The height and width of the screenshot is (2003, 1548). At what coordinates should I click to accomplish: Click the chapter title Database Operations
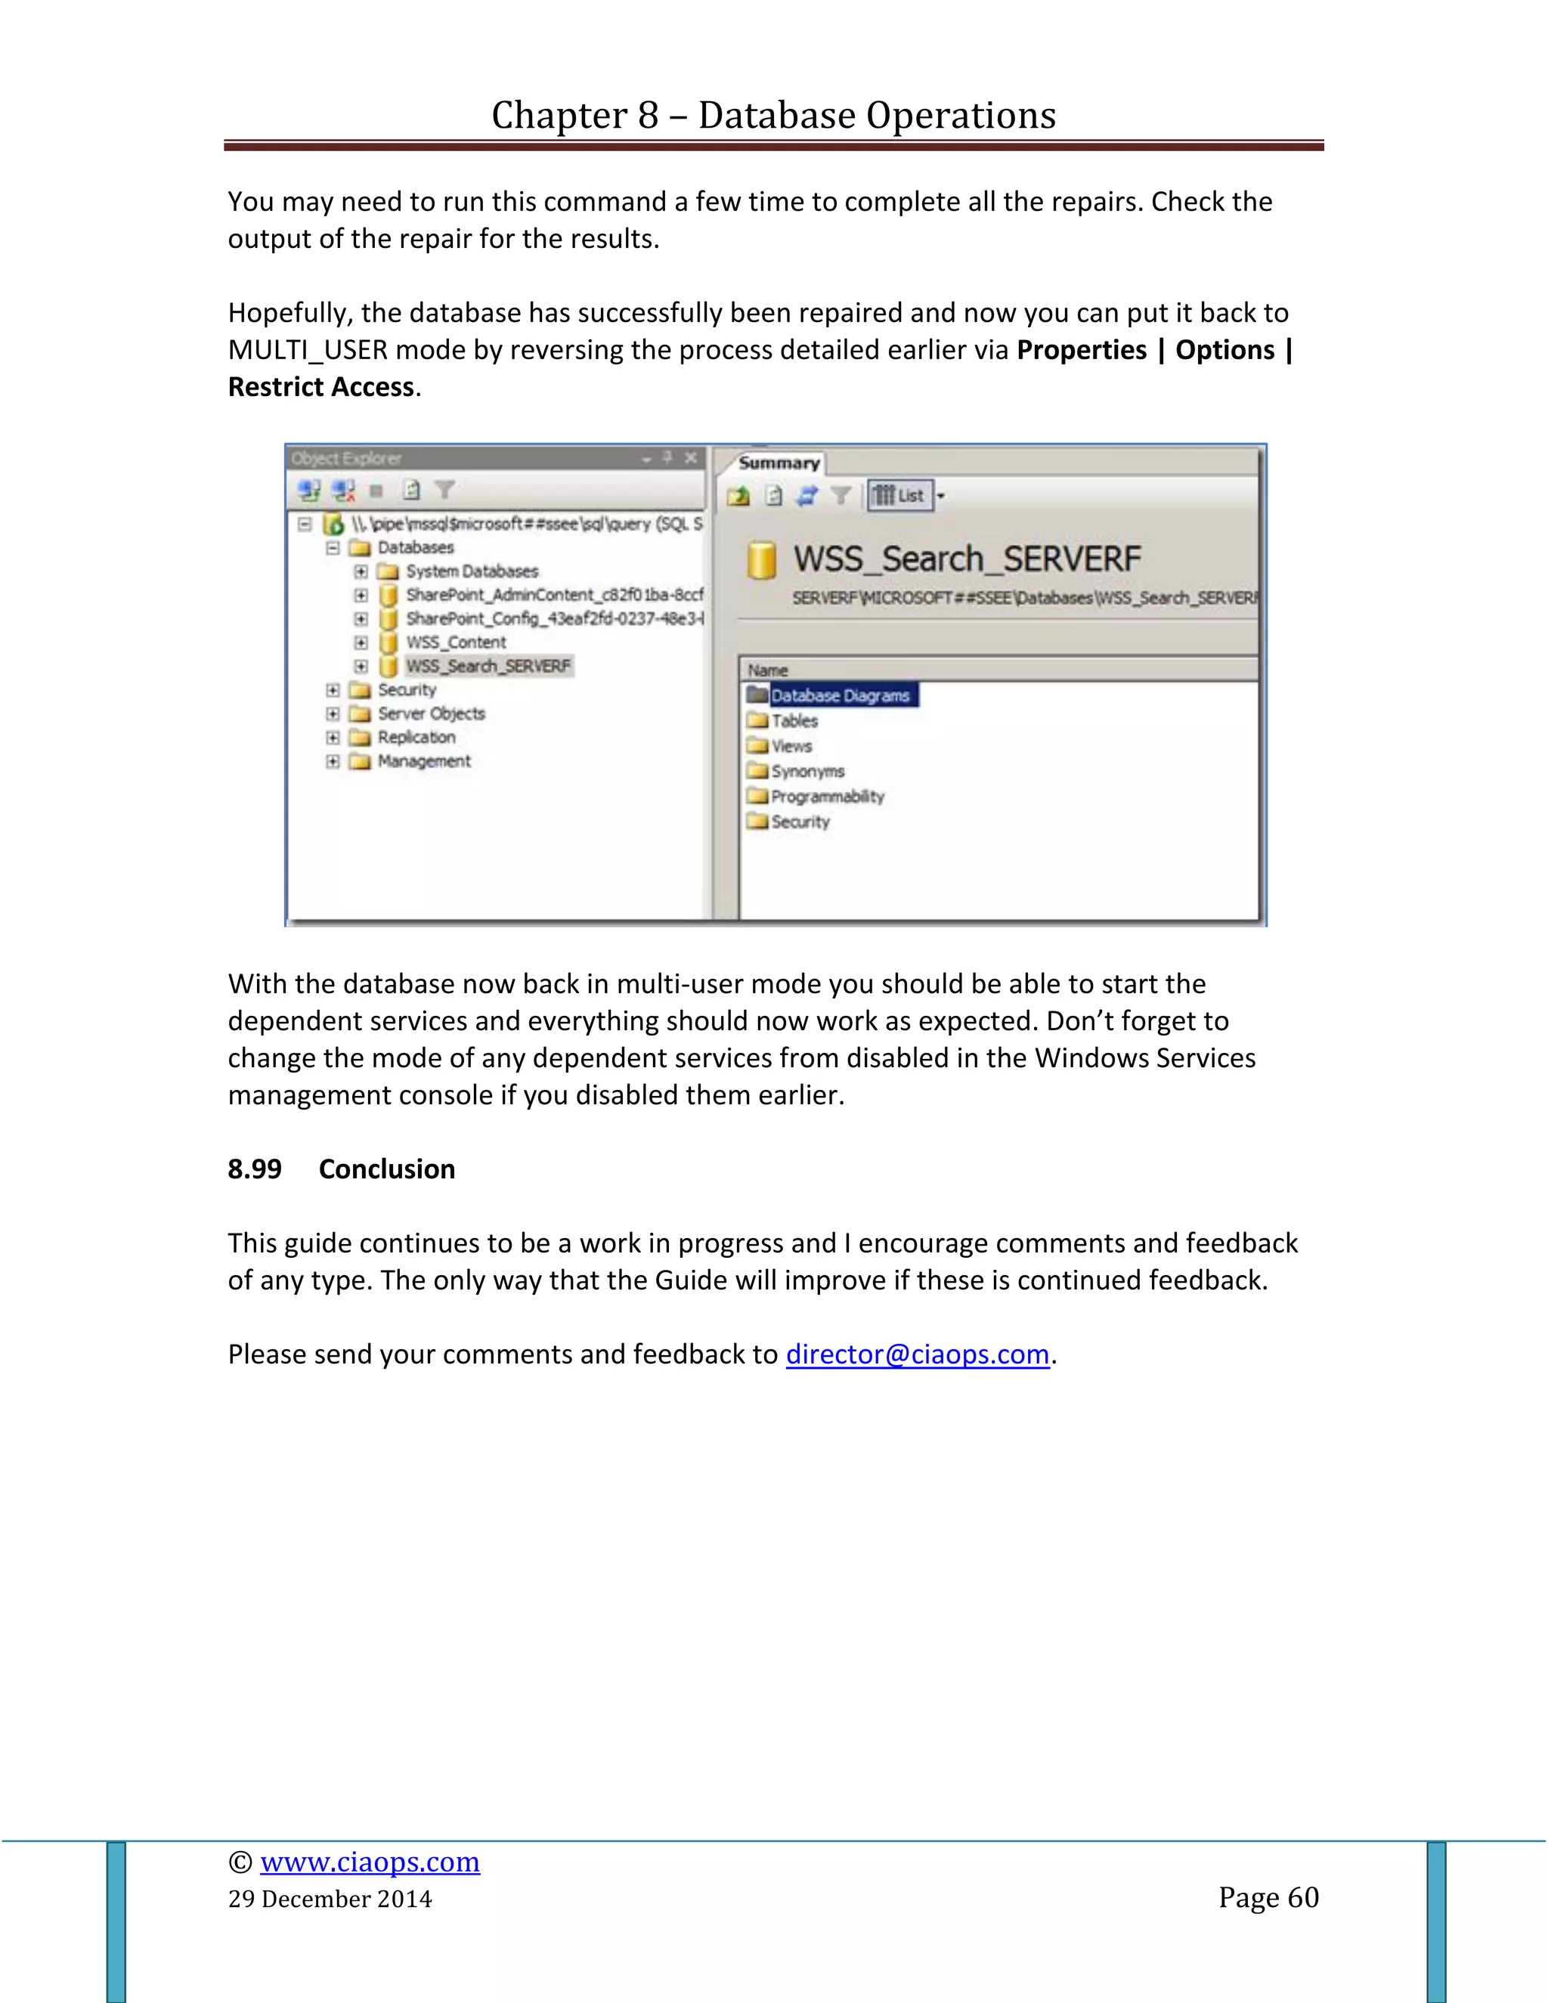[773, 116]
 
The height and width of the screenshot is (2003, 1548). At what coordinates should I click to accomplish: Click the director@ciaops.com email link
[917, 1354]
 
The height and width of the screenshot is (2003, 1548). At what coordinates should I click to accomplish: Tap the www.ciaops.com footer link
[370, 1862]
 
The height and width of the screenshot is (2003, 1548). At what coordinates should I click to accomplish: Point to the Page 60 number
[1268, 1896]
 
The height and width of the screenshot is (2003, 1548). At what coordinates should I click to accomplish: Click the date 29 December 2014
[330, 1899]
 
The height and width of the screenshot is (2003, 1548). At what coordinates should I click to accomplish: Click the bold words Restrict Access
[321, 387]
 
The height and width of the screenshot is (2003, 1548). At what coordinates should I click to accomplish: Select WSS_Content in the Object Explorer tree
[456, 642]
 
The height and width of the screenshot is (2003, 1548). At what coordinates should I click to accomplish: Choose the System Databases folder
[472, 571]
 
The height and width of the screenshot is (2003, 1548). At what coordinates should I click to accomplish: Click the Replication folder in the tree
[416, 738]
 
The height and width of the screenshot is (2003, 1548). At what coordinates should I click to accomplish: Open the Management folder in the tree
[424, 761]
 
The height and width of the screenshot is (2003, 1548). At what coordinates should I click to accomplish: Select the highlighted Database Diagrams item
[839, 695]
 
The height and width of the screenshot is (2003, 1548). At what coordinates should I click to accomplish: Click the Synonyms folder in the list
[807, 771]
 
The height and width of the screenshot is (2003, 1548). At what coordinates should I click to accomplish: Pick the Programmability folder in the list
[827, 796]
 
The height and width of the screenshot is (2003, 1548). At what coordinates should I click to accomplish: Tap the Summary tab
[779, 463]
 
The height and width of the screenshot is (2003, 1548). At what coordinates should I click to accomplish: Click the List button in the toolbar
[900, 496]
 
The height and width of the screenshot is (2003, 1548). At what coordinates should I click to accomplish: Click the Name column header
[768, 670]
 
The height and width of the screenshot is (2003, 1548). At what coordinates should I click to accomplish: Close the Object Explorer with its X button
[691, 457]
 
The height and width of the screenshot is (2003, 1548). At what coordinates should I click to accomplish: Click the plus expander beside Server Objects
[333, 714]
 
